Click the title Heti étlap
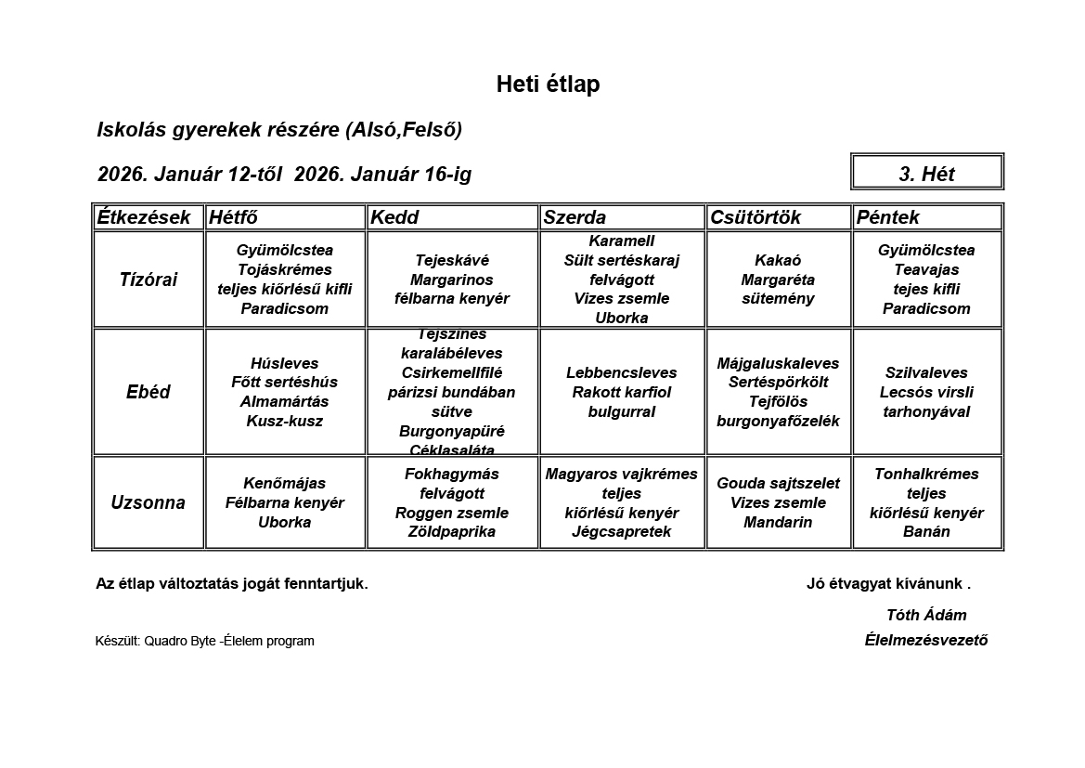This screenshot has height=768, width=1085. pyautogui.click(x=548, y=85)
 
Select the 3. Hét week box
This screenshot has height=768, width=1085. pyautogui.click(x=926, y=174)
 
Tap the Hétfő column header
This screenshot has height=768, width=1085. pyautogui.click(x=234, y=217)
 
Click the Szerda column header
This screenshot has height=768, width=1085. pyautogui.click(x=575, y=217)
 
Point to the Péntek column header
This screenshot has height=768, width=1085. pyautogui.click(x=888, y=217)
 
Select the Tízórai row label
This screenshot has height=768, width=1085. pyautogui.click(x=149, y=280)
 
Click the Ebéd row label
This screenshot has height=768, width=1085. pyautogui.click(x=149, y=392)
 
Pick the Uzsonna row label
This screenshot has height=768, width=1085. pyautogui.click(x=149, y=502)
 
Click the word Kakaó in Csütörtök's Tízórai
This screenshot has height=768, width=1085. pyautogui.click(x=778, y=260)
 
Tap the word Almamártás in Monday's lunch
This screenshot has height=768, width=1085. pyautogui.click(x=284, y=401)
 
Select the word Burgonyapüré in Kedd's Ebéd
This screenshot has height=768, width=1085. pyautogui.click(x=451, y=431)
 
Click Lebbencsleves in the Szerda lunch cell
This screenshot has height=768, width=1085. pyautogui.click(x=622, y=372)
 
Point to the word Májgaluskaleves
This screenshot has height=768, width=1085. pyautogui.click(x=778, y=363)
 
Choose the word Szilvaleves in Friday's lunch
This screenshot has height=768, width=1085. pyautogui.click(x=926, y=372)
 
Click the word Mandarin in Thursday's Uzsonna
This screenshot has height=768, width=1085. pyautogui.click(x=778, y=522)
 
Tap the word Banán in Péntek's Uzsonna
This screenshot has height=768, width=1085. pyautogui.click(x=926, y=531)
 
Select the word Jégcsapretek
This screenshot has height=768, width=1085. pyautogui.click(x=622, y=531)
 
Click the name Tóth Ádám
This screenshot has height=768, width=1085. pyautogui.click(x=926, y=615)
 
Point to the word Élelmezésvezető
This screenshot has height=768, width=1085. pyautogui.click(x=926, y=640)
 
